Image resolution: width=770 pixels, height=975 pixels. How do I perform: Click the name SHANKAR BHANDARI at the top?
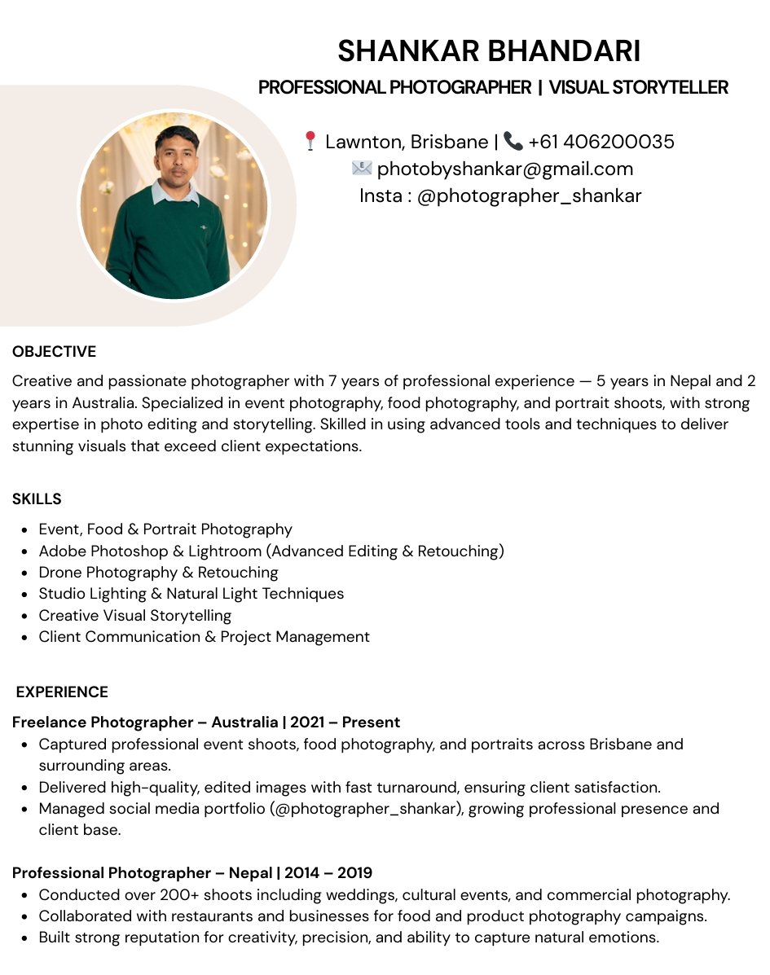point(489,51)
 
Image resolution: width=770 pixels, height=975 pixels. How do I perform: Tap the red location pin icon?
point(310,141)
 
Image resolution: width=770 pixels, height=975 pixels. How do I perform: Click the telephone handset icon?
point(513,141)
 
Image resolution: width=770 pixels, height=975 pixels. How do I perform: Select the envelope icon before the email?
point(362,169)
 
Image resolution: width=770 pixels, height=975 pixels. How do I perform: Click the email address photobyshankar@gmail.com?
point(505,169)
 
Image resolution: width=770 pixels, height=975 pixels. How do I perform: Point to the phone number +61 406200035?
point(601,142)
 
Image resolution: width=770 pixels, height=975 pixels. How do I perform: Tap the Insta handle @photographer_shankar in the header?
point(529,196)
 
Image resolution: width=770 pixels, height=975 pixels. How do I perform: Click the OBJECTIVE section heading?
point(54,352)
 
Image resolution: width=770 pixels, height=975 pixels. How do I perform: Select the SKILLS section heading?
point(37,499)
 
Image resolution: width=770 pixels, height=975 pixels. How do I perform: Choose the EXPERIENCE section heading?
point(62,692)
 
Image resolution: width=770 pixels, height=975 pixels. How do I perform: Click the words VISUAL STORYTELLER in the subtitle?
point(638,88)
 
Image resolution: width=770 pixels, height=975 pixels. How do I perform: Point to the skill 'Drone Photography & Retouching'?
point(158,573)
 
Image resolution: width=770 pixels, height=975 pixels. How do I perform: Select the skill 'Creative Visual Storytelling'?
point(135,616)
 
